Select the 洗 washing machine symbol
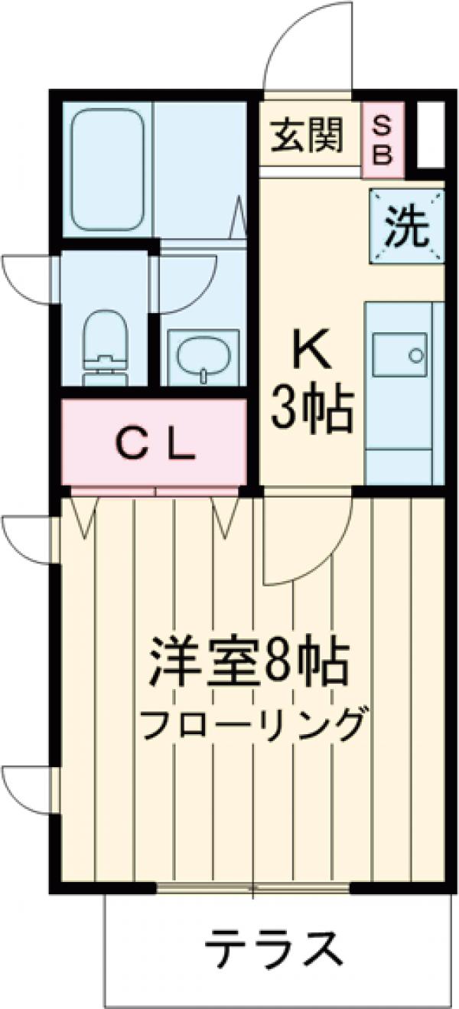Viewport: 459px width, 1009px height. (406, 227)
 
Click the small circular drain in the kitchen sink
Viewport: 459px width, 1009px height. (415, 355)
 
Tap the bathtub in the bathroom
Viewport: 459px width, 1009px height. (107, 168)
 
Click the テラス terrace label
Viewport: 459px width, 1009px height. (272, 950)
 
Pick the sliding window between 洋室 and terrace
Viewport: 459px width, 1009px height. (253, 889)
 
